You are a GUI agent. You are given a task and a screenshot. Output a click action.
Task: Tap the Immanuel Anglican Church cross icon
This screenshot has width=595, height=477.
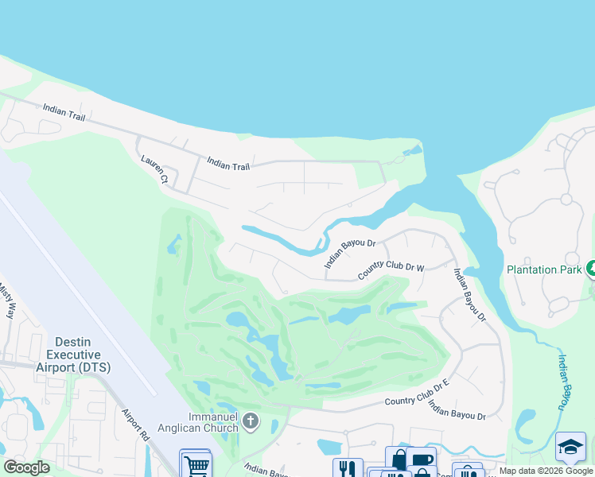point(251,421)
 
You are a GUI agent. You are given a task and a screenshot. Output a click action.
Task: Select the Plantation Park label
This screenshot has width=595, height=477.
point(542,270)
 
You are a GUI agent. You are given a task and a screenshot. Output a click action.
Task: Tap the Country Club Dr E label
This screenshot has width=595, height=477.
point(418,401)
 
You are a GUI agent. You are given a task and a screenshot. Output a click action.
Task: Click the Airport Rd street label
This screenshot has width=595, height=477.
point(136,425)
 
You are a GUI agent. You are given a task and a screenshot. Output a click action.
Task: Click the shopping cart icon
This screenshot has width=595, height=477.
point(195,464)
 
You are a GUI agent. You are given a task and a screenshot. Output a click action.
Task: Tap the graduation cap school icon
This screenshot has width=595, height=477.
point(570,447)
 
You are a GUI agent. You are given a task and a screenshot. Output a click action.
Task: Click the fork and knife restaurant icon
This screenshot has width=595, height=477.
point(348,469)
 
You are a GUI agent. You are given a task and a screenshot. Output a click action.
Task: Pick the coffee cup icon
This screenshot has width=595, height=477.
point(420,460)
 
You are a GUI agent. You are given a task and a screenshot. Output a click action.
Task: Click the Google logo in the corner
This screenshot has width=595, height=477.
point(26,467)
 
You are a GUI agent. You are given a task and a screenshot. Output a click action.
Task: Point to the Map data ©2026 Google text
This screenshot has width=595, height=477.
point(546,471)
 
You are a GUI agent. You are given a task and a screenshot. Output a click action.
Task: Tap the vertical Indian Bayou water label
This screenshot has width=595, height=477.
point(562,382)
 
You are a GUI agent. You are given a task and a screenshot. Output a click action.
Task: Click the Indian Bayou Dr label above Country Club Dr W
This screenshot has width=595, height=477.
point(349,252)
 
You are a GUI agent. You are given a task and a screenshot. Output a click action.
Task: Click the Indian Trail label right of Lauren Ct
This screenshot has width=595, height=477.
point(228,165)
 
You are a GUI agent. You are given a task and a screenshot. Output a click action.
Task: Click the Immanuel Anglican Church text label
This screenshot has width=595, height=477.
point(213,422)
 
